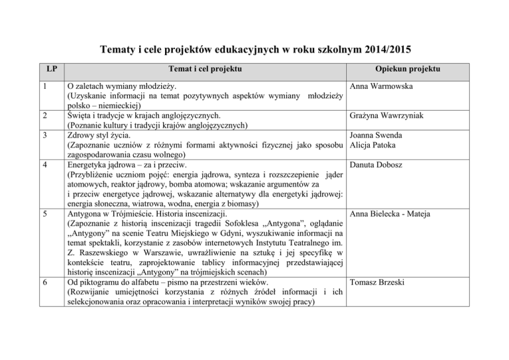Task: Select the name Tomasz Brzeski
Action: pos(378,283)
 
